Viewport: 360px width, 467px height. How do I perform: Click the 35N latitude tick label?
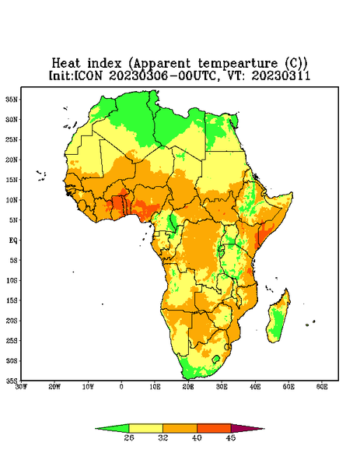click(12, 99)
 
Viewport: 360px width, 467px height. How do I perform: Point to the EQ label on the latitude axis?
click(12, 240)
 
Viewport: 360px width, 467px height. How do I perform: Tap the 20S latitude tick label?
click(12, 321)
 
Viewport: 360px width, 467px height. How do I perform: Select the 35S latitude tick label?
click(12, 381)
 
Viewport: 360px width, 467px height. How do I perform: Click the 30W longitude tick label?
click(21, 387)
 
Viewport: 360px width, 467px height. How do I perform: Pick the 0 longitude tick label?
click(121, 387)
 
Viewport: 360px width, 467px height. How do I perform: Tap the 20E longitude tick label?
click(188, 387)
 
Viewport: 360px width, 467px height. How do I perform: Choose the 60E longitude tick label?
click(322, 387)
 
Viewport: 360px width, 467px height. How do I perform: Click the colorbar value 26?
click(129, 437)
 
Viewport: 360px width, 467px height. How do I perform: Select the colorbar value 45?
click(231, 437)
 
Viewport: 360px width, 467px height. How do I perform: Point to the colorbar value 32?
click(163, 437)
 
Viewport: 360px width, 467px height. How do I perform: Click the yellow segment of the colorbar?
click(145, 428)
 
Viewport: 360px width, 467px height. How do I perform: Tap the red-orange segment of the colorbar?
click(214, 428)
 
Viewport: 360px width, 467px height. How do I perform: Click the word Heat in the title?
click(66, 63)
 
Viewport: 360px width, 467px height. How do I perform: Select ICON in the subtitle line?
click(88, 75)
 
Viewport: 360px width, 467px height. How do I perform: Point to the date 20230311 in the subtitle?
click(281, 75)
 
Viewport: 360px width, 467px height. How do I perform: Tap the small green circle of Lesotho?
click(216, 359)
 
